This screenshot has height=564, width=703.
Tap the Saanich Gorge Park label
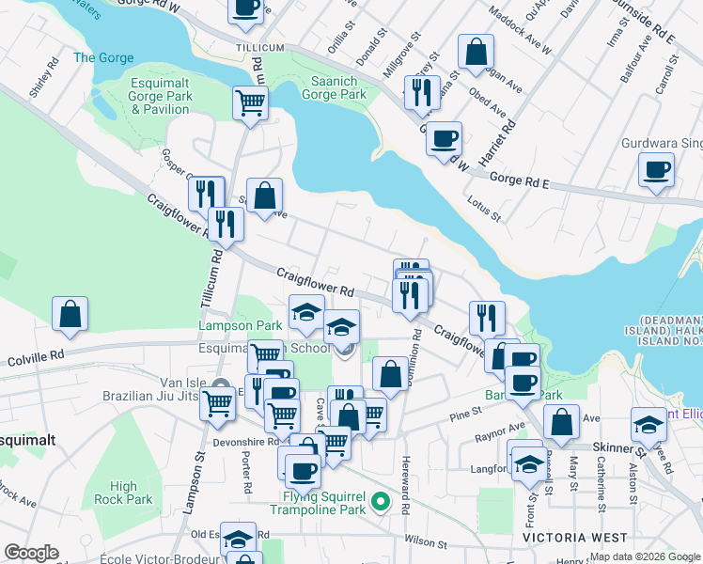tap(334, 88)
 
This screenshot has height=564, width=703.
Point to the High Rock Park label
tap(123, 493)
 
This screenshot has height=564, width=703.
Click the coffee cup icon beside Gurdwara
tap(656, 170)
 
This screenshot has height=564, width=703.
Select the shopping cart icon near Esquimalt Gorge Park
tap(250, 102)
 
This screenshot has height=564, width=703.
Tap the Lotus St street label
tap(484, 209)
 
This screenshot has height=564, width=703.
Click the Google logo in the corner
tap(31, 553)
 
